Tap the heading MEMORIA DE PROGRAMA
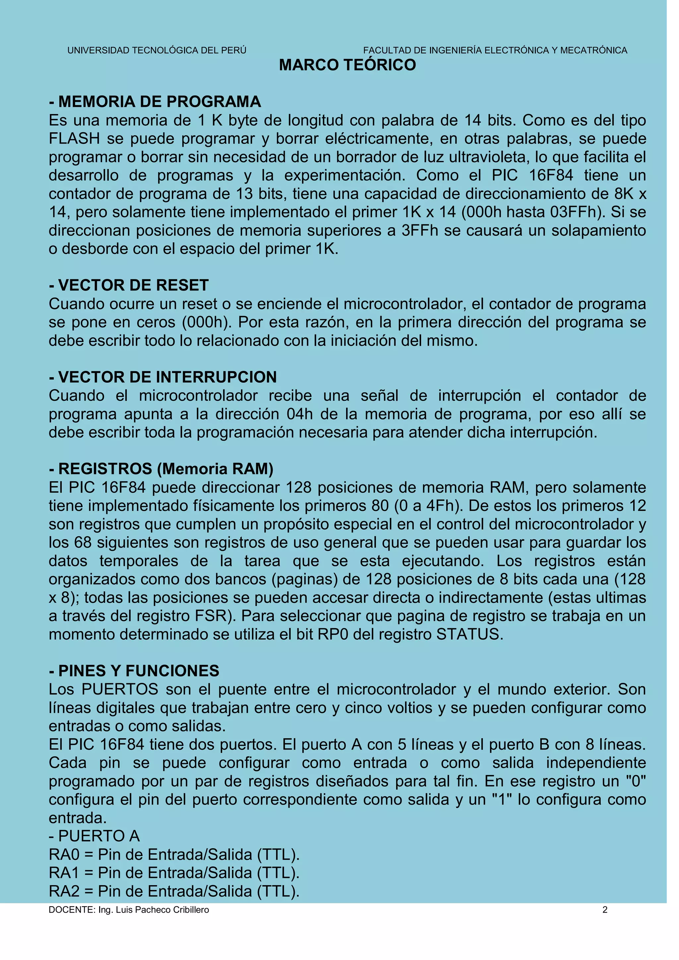pyautogui.click(x=155, y=102)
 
